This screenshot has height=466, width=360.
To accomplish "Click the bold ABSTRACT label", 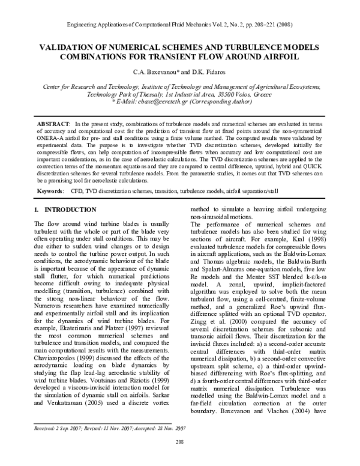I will click(x=52, y=123).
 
